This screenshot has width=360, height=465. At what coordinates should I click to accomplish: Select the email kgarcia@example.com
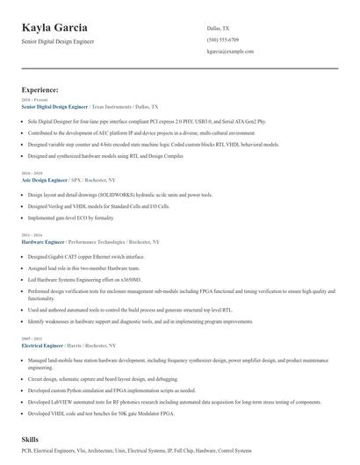[x=229, y=52]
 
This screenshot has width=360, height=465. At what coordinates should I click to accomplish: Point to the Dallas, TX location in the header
[x=218, y=28]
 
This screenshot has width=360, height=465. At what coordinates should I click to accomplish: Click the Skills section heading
[x=31, y=438]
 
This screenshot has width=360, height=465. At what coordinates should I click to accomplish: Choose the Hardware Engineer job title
[x=49, y=240]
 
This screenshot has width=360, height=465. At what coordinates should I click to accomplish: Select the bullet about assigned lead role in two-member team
[x=83, y=268]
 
